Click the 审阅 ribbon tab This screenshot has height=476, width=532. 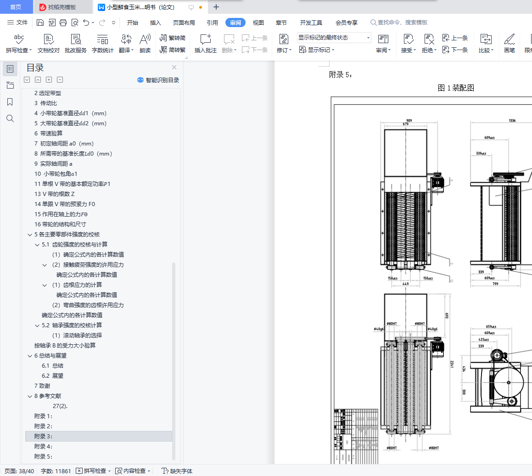tap(235, 22)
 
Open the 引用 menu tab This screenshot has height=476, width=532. tap(212, 22)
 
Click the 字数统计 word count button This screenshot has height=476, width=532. tap(102, 44)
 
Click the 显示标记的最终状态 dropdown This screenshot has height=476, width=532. tap(334, 38)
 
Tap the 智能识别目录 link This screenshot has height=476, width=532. tap(158, 80)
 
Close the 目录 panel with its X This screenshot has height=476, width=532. tap(174, 67)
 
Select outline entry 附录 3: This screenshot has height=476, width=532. tap(44, 436)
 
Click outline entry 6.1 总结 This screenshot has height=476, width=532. tap(52, 365)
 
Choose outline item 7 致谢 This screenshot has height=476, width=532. tap(42, 386)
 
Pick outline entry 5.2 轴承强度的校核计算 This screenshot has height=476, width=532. tap(72, 325)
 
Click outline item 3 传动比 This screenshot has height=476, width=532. tap(45, 103)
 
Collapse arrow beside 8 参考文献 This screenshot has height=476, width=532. tap(30, 396)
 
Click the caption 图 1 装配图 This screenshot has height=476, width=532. tap(455, 88)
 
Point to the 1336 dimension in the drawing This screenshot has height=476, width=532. tap(512, 121)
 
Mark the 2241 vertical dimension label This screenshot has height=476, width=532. tap(452, 364)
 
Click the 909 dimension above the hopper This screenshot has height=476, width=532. tap(409, 121)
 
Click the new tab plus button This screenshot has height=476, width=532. tap(216, 7)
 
